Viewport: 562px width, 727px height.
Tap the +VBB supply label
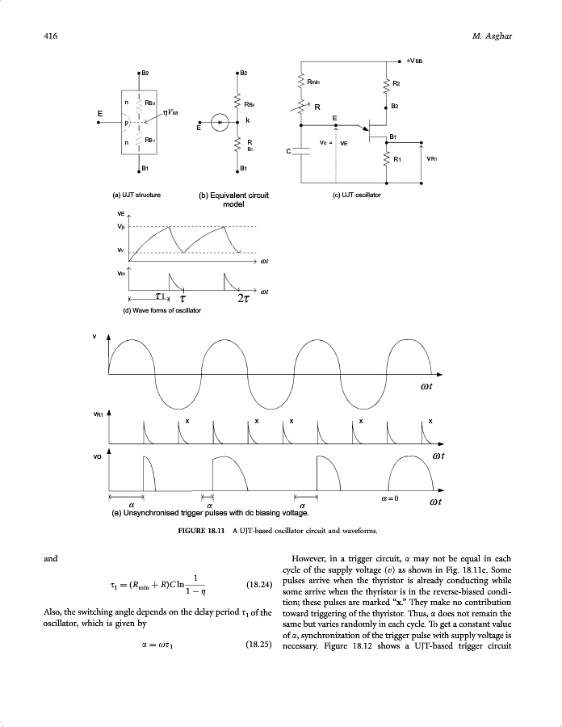pyautogui.click(x=421, y=60)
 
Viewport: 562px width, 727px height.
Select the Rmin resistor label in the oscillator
pyautogui.click(x=317, y=82)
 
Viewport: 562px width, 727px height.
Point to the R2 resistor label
pyautogui.click(x=396, y=82)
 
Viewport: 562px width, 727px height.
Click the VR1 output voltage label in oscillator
pyautogui.click(x=432, y=158)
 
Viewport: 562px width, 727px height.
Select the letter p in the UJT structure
pyautogui.click(x=127, y=123)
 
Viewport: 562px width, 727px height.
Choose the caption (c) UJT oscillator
pyautogui.click(x=357, y=195)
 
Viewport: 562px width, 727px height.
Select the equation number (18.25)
pyautogui.click(x=258, y=645)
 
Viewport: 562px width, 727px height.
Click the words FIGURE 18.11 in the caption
pyautogui.click(x=201, y=531)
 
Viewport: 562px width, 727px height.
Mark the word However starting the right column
pyautogui.click(x=312, y=558)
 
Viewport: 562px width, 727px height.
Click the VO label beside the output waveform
pyautogui.click(x=97, y=456)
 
